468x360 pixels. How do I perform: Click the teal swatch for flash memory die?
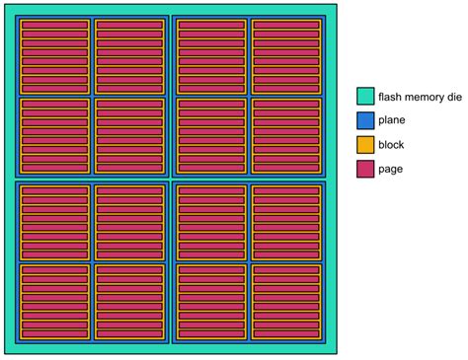click(x=365, y=97)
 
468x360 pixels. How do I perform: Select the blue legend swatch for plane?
click(x=365, y=120)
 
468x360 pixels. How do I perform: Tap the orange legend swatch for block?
click(x=365, y=145)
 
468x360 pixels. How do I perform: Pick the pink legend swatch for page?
click(x=365, y=169)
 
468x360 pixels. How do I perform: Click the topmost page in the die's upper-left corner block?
click(x=54, y=25)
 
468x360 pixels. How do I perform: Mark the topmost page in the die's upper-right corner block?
click(x=286, y=25)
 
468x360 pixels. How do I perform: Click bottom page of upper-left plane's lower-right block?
click(x=129, y=168)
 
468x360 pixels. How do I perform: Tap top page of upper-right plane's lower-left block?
click(x=211, y=103)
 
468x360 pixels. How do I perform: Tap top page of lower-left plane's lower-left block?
click(x=54, y=268)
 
